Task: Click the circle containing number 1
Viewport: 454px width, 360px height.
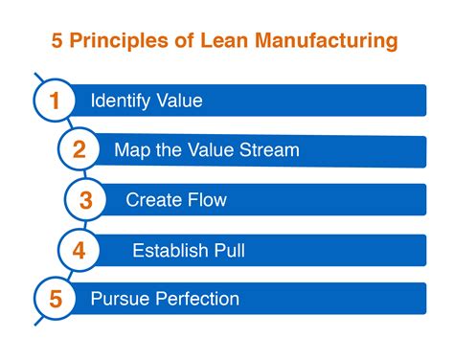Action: [55, 101]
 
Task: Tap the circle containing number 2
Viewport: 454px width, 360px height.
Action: [79, 149]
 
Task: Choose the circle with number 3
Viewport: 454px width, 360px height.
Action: [85, 199]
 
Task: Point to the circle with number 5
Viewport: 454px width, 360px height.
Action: [56, 299]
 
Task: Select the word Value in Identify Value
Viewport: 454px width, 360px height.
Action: [179, 101]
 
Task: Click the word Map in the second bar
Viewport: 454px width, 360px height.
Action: [130, 150]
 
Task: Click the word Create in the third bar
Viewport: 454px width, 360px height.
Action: [151, 200]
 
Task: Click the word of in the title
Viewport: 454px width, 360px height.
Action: [183, 42]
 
